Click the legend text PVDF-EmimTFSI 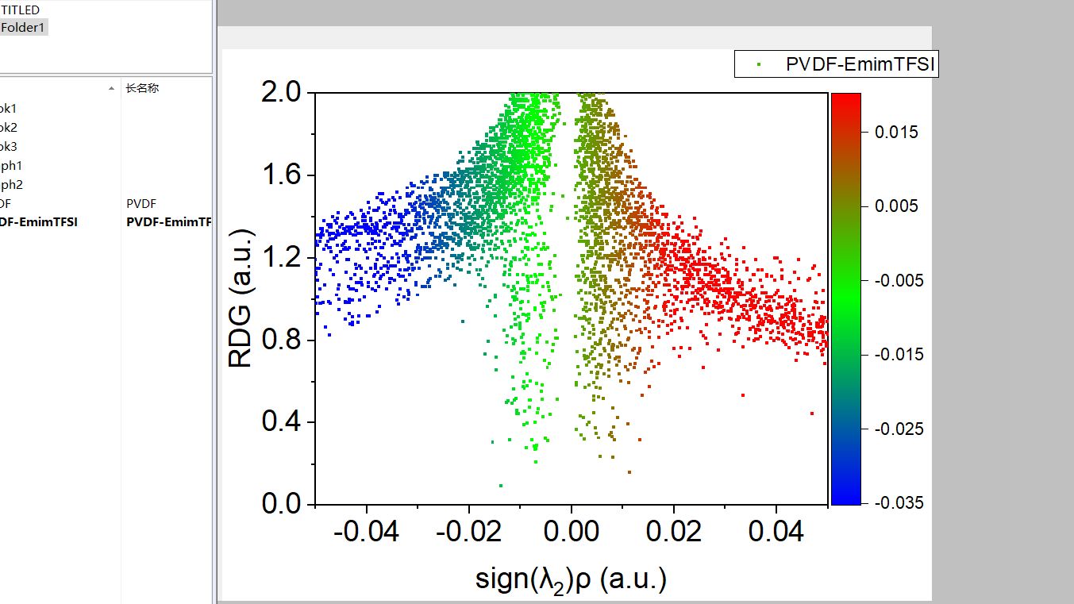click(860, 65)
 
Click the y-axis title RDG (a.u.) click(241, 298)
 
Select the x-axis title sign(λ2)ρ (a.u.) click(571, 579)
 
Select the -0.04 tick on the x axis click(366, 531)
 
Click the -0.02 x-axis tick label click(468, 531)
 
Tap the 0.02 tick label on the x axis click(674, 531)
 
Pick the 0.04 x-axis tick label click(776, 531)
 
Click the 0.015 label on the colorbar click(896, 132)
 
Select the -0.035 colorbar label click(899, 502)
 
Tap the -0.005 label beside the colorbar click(899, 280)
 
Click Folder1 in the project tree click(24, 28)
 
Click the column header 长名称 click(142, 88)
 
